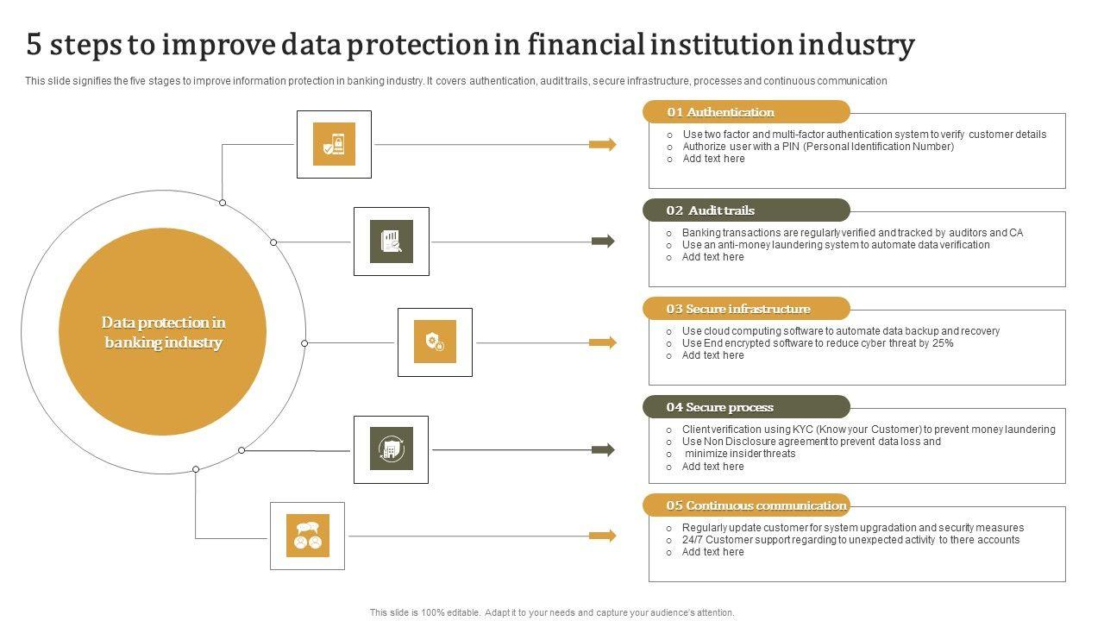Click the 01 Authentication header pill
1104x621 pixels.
click(x=746, y=112)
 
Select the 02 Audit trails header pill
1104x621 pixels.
click(x=746, y=210)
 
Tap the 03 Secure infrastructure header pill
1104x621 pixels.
click(x=746, y=309)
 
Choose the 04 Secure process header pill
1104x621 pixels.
click(x=746, y=407)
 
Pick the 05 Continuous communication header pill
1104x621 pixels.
click(x=746, y=505)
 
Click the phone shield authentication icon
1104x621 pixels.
click(x=334, y=144)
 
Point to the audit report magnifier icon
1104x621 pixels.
click(x=392, y=241)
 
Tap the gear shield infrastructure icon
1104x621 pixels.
click(x=435, y=342)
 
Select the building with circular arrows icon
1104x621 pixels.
click(x=391, y=449)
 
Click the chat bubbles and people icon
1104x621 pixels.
click(x=308, y=536)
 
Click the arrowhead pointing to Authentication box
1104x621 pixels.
click(x=607, y=144)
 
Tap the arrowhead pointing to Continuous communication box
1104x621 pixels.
click(x=607, y=536)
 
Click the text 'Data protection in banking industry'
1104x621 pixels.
click(x=163, y=332)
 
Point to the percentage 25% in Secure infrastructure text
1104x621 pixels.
click(x=943, y=343)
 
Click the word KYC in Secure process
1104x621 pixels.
click(x=805, y=430)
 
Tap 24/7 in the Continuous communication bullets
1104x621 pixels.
click(x=693, y=540)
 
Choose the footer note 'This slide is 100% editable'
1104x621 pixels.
click(x=552, y=612)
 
